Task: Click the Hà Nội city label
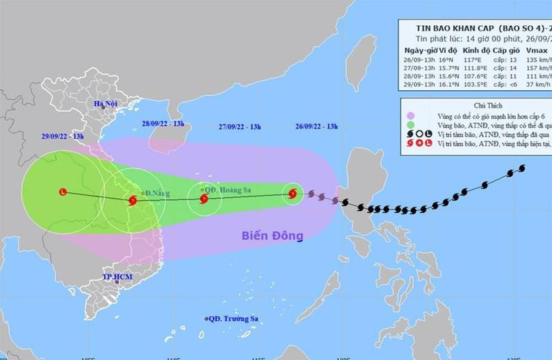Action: click(107, 104)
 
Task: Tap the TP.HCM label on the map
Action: click(117, 276)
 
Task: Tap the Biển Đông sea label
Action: click(273, 236)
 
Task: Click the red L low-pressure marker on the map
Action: click(64, 192)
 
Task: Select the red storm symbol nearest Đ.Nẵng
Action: click(133, 201)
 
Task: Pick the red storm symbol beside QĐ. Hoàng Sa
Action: click(203, 199)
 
